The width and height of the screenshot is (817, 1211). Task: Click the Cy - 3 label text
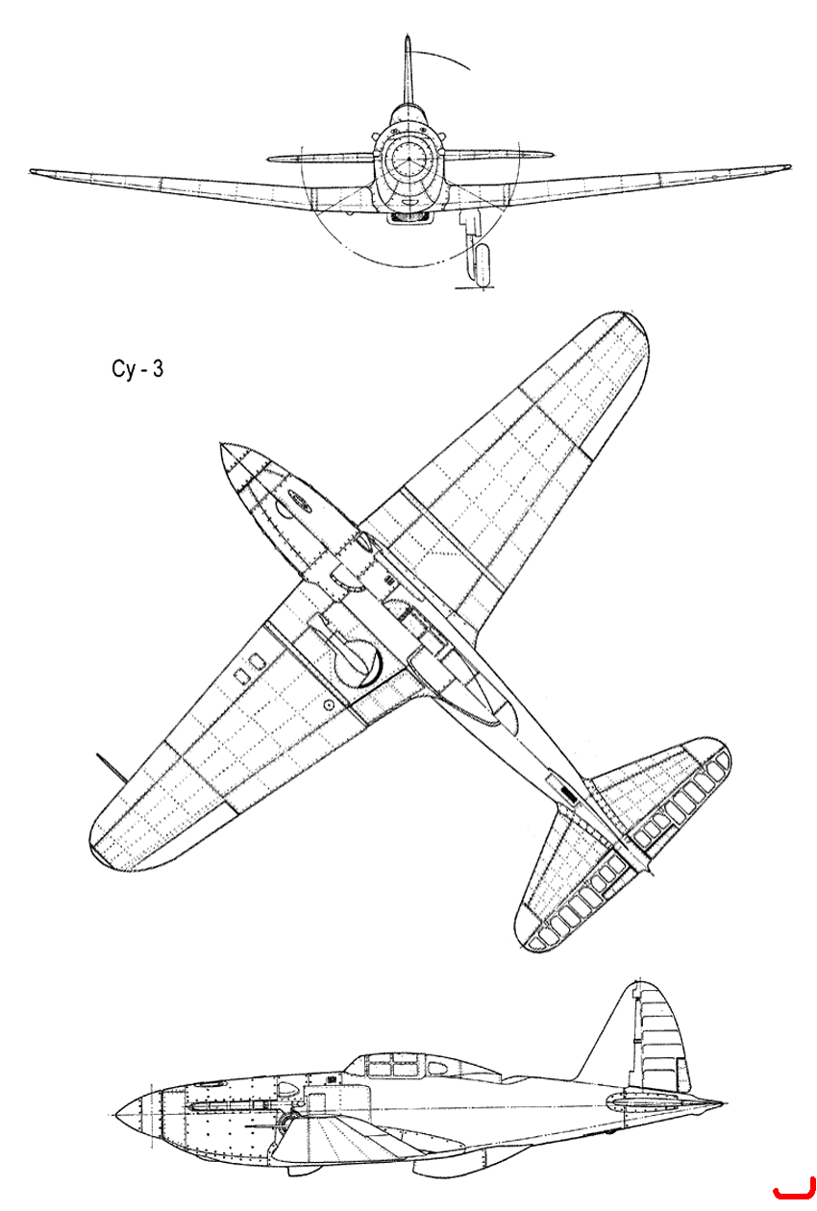click(136, 369)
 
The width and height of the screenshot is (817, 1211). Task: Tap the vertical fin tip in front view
click(408, 38)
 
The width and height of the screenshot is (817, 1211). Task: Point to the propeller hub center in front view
click(408, 160)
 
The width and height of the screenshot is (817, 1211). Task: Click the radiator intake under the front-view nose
click(409, 217)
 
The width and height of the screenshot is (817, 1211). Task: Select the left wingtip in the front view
click(34, 171)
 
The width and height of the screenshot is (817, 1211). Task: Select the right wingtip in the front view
click(785, 167)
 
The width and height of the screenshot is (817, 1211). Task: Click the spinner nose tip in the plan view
click(222, 445)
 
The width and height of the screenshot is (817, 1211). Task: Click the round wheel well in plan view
click(358, 663)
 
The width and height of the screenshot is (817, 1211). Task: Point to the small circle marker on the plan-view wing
click(328, 704)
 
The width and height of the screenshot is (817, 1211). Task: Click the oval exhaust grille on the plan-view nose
click(300, 500)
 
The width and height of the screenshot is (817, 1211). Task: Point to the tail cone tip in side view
click(721, 1102)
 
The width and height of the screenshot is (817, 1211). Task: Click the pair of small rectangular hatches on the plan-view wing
click(248, 667)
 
